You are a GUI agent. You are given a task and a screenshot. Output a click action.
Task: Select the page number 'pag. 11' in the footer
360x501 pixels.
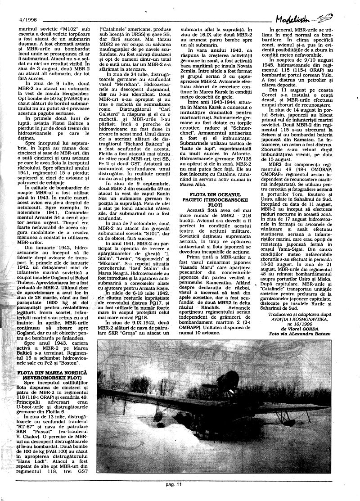click(x=172, y=484)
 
